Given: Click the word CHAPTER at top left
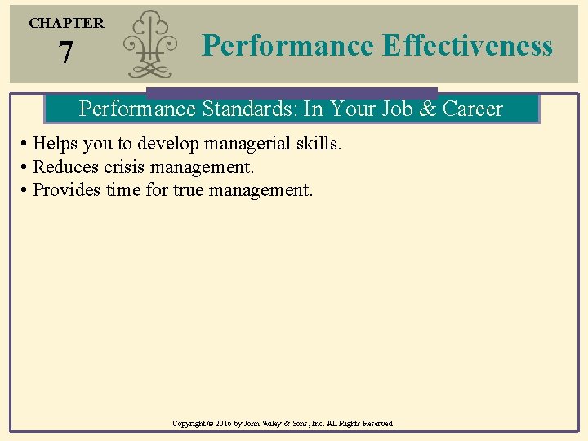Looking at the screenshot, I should pyautogui.click(x=66, y=24).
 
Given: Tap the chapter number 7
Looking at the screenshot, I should pyautogui.click(x=65, y=53).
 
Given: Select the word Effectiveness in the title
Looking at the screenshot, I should pyautogui.click(x=466, y=46).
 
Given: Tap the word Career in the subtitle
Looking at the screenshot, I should pyautogui.click(x=473, y=109).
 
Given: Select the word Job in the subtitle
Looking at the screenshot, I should pyautogui.click(x=396, y=109).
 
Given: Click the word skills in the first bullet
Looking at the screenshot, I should pyautogui.click(x=319, y=144).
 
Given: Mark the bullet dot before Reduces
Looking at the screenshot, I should pyautogui.click(x=25, y=168).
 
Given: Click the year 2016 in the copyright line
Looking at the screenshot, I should pyautogui.click(x=225, y=424).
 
